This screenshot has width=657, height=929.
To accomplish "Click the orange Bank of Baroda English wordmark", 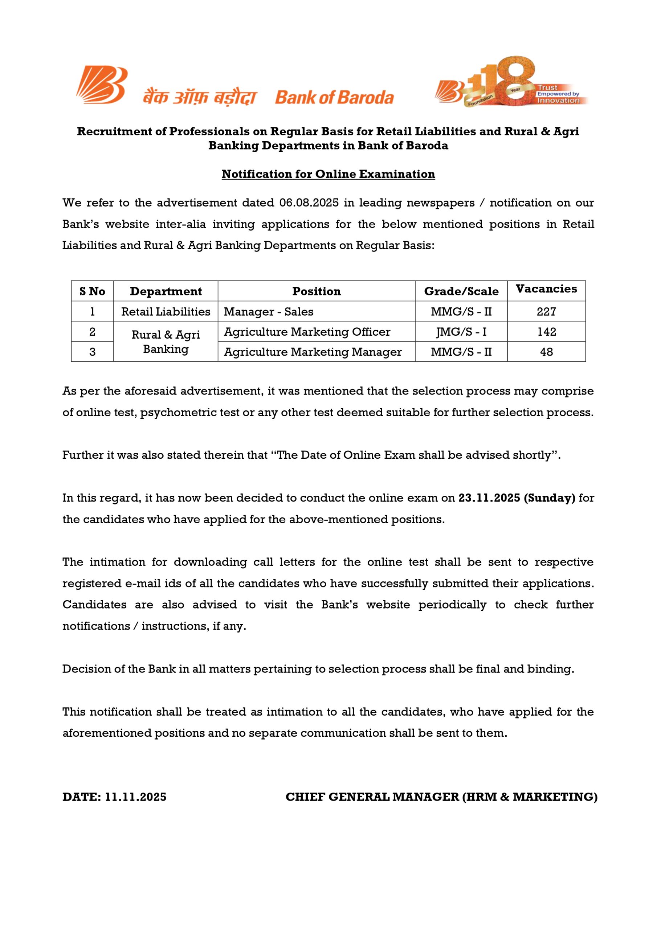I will click(x=334, y=98).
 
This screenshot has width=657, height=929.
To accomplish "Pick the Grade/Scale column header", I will click(x=461, y=291).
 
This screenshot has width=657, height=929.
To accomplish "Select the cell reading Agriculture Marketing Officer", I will click(x=307, y=332).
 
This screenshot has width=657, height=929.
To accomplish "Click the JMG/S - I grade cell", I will click(x=461, y=332).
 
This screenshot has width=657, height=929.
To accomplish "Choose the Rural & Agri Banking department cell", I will click(x=166, y=342).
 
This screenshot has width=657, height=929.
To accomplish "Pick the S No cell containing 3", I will click(x=92, y=352).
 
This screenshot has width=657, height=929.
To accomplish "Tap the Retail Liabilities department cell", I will click(x=166, y=312).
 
